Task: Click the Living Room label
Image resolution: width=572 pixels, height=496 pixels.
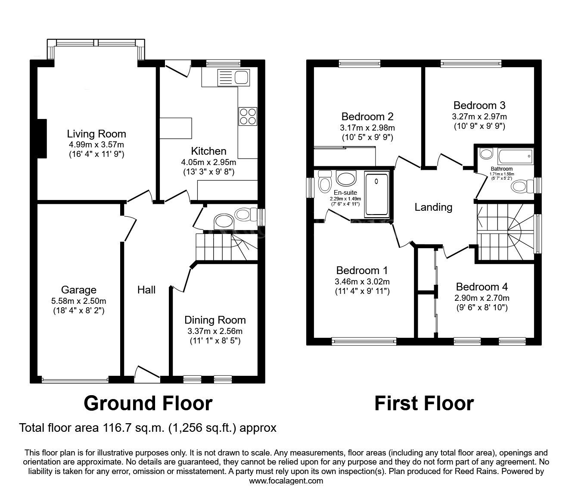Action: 96,134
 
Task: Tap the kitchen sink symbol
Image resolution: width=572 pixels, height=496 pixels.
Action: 233,78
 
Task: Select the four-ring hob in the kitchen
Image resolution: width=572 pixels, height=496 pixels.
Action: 247,116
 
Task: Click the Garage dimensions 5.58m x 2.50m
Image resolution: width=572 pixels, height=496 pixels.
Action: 79,301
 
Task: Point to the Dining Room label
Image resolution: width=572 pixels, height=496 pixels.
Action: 215,320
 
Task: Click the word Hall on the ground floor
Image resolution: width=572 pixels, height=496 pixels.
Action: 146,290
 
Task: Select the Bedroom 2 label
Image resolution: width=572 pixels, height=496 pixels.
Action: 367,116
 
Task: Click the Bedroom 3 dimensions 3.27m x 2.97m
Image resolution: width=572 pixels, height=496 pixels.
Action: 479,116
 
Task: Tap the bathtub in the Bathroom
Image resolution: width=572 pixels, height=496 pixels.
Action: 515,156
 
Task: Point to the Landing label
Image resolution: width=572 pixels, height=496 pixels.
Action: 433,207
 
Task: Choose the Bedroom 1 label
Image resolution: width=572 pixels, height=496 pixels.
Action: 362,271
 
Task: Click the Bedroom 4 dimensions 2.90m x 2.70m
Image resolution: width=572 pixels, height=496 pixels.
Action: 482,298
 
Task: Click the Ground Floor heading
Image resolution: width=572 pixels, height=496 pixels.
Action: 148,403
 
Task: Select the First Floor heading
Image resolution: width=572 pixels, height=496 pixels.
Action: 424,403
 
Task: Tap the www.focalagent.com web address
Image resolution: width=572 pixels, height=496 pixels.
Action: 286,480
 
